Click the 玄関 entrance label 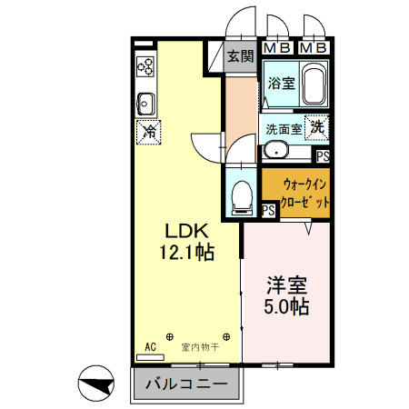[240, 56]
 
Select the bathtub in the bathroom [315, 85]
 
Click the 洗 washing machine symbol [317, 128]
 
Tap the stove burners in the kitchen [145, 65]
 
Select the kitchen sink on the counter [145, 100]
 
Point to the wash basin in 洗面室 [274, 151]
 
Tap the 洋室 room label [287, 284]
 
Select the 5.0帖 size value [287, 307]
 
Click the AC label [151, 346]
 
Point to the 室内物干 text [198, 346]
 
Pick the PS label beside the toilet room [268, 210]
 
